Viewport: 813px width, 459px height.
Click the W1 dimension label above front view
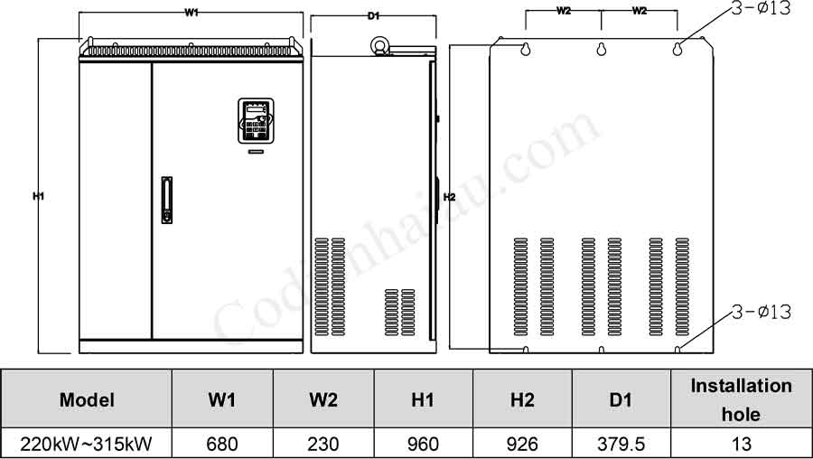(x=192, y=12)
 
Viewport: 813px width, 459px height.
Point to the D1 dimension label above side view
(x=373, y=15)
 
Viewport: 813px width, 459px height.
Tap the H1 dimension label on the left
(x=38, y=196)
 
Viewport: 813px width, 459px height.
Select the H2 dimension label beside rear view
(x=449, y=196)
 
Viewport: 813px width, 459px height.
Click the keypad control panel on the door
(x=255, y=121)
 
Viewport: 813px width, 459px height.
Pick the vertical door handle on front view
(x=165, y=201)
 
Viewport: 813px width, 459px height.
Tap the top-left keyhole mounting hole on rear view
(x=525, y=51)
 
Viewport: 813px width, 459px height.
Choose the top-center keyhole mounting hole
(x=601, y=51)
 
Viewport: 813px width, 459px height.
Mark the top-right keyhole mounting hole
(x=677, y=51)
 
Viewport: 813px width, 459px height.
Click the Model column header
(x=87, y=399)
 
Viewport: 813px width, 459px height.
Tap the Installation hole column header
(x=741, y=399)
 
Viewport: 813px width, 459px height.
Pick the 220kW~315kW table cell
(x=87, y=444)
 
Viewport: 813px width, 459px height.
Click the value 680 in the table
(x=221, y=444)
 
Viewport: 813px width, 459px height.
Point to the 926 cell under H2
(x=522, y=444)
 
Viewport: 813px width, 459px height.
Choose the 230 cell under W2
(x=322, y=444)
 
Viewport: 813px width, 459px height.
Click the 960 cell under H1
(x=423, y=444)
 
